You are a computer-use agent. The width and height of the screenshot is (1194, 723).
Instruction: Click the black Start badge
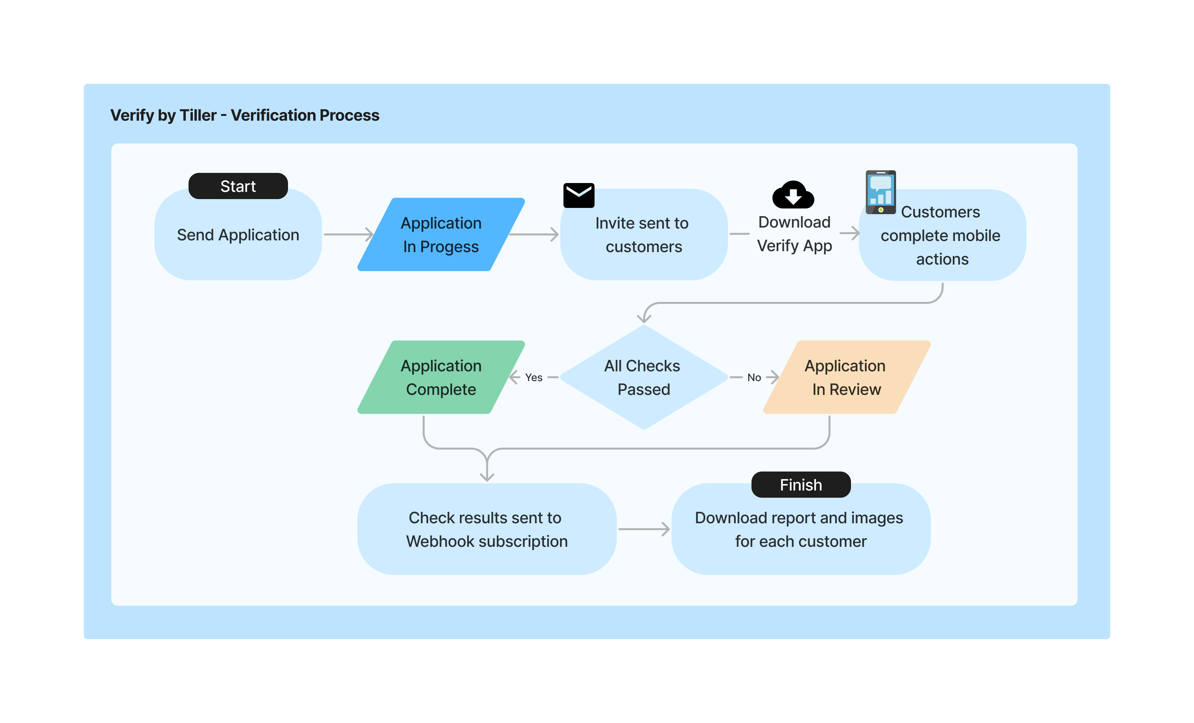coord(238,186)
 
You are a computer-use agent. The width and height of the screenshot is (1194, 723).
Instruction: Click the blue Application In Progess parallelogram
coord(441,235)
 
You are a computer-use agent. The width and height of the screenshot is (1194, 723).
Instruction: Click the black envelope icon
coord(579,195)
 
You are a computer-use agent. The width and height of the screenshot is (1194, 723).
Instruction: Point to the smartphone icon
coord(880,192)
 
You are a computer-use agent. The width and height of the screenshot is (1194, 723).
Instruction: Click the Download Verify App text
coord(794,234)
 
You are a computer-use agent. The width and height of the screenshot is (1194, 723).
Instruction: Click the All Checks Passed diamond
coord(643,377)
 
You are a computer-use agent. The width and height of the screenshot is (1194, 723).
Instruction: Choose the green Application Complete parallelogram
coord(441,377)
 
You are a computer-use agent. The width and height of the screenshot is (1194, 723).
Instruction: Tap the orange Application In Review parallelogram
coord(846,377)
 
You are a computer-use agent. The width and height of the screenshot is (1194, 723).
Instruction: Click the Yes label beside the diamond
coord(534,377)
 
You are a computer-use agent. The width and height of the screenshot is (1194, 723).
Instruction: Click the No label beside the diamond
coord(754,377)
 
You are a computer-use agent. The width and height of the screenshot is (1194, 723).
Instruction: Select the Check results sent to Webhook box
coord(486,529)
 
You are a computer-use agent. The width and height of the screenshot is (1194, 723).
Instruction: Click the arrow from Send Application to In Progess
coord(348,235)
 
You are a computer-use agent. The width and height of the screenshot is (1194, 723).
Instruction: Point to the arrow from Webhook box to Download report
coord(643,529)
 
